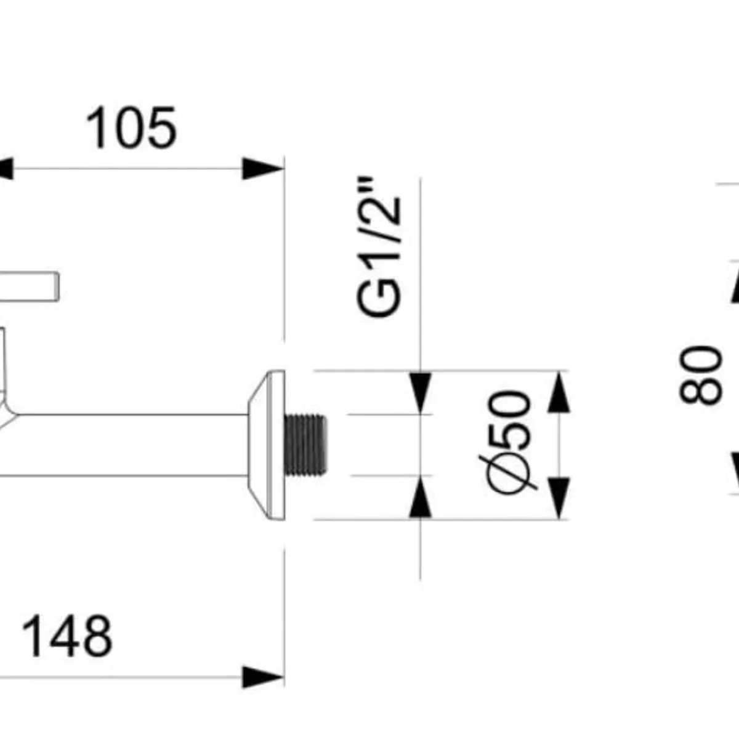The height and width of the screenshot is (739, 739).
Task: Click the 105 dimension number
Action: pyautogui.click(x=131, y=127)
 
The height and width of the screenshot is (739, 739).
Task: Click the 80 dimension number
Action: pyautogui.click(x=700, y=375)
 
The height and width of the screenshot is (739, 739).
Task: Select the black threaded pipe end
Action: pyautogui.click(x=305, y=445)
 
